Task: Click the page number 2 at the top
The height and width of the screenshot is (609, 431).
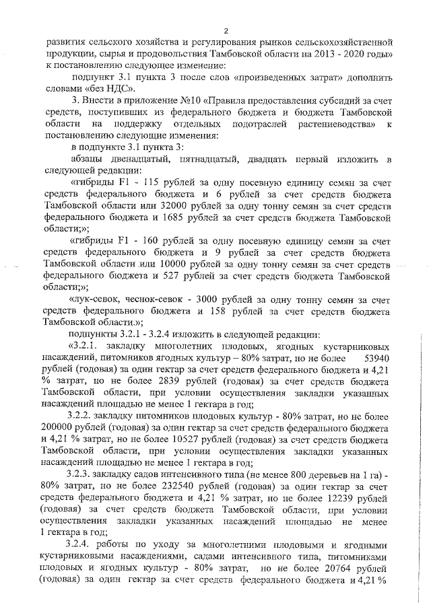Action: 227,30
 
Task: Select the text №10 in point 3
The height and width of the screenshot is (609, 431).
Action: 191,100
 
